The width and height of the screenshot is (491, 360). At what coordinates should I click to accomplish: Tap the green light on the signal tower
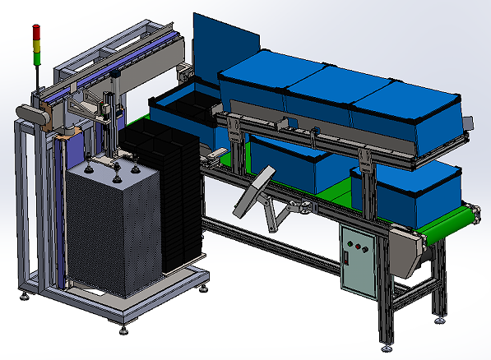tap(35, 52)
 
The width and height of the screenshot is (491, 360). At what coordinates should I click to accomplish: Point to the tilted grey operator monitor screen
tap(255, 190)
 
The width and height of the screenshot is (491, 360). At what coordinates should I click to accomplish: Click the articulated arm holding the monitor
tap(280, 213)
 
